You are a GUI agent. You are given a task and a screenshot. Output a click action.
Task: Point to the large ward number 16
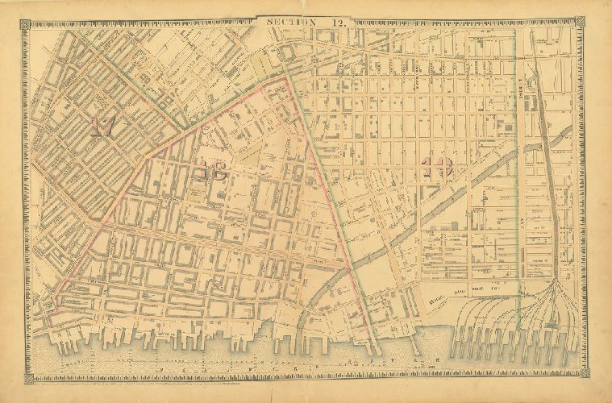point(211,169)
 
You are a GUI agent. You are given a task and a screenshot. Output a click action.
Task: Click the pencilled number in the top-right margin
point(604,7)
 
